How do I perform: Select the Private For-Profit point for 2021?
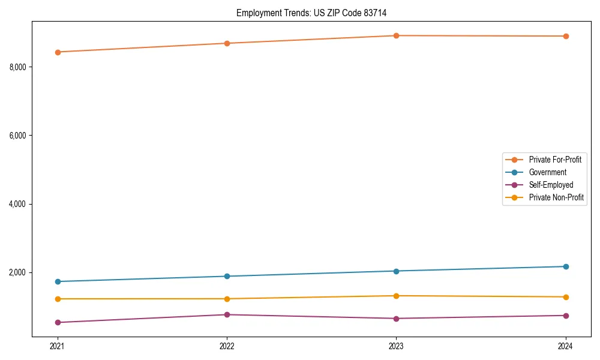58,52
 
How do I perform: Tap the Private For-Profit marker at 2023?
396,35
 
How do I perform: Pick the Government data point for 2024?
566,266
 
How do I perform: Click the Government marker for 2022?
227,276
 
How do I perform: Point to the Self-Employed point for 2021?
58,322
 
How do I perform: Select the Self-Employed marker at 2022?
227,314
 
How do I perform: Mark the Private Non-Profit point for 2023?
396,296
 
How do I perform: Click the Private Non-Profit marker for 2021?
58,299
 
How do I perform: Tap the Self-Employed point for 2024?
566,316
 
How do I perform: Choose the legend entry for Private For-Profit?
554,160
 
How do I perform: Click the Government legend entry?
547,172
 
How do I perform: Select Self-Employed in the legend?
551,185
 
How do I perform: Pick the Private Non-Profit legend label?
556,197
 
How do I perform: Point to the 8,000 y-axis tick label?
18,67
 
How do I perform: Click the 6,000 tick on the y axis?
18,136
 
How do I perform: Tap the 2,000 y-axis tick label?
18,272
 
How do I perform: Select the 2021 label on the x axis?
58,346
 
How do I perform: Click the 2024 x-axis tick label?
566,346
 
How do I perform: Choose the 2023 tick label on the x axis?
396,346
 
